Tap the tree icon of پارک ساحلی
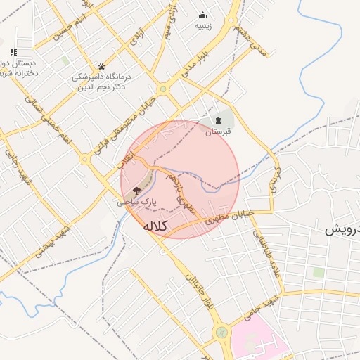137,190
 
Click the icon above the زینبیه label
203,15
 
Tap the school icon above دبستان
13,52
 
